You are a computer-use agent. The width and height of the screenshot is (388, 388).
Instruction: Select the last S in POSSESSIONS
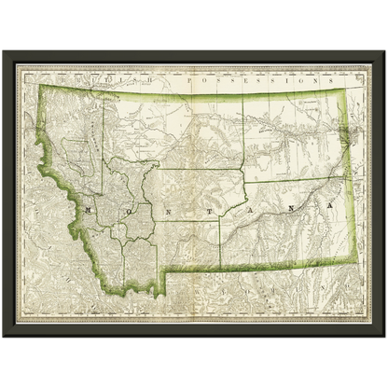(290, 82)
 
